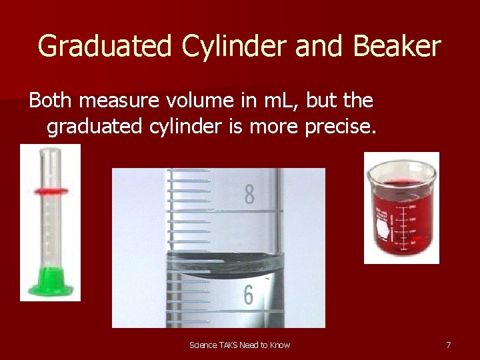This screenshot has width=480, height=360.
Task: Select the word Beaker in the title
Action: (399, 47)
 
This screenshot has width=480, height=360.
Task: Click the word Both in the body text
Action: (51, 101)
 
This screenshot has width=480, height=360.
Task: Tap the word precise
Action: (340, 126)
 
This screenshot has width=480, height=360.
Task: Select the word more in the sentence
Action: (273, 126)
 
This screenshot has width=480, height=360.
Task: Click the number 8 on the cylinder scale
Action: (249, 195)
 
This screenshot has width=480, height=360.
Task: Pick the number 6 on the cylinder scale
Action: (248, 295)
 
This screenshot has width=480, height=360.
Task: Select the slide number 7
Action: (449, 345)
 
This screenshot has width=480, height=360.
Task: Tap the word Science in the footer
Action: (203, 345)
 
